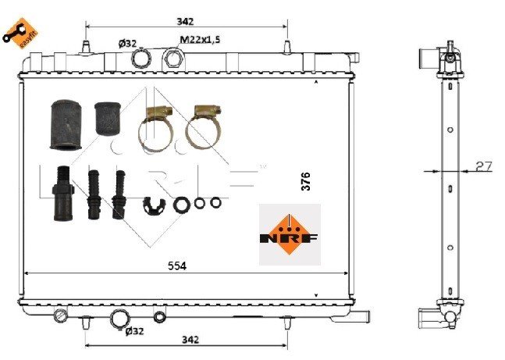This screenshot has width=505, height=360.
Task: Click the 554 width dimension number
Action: pos(177,266)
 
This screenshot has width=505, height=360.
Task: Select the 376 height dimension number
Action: pos(306,181)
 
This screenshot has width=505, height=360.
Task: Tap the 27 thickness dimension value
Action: pos(484,166)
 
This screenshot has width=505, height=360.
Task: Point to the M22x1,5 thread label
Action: pos(200,40)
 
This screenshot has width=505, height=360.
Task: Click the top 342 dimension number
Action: pos(185,21)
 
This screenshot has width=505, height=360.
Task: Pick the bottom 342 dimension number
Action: pos(190,340)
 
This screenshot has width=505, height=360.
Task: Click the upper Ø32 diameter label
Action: pos(127,43)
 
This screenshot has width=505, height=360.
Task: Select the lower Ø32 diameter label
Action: pos(134,331)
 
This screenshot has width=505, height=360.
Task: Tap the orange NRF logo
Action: pos(290,234)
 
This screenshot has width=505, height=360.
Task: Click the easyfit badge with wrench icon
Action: pos(20,34)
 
